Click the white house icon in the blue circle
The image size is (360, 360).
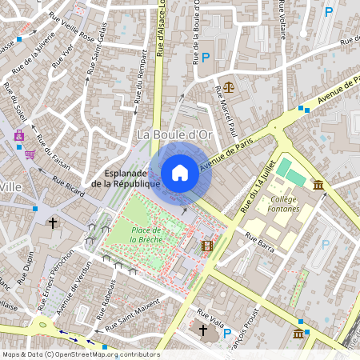(180, 172)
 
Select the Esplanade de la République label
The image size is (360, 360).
(126, 178)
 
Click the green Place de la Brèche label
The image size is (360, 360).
(146, 234)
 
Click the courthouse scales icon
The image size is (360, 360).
(230, 86)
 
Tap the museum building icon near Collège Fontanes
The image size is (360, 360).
(319, 186)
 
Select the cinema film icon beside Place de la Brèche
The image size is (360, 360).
(207, 246)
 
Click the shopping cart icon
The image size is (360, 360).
(30, 154)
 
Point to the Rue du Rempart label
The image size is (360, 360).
(141, 77)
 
